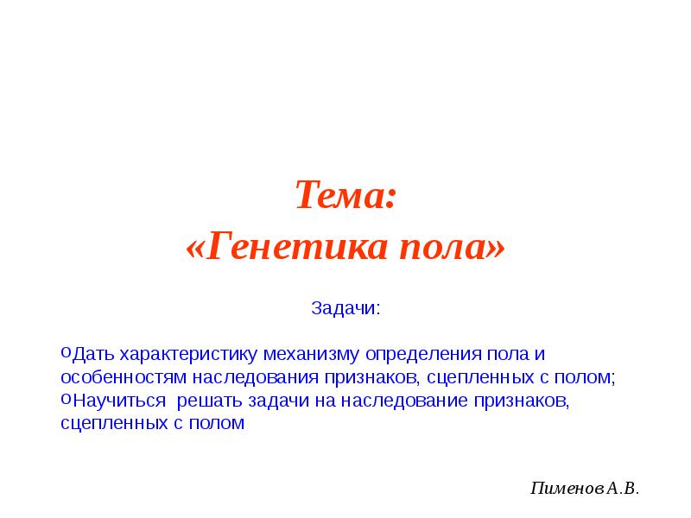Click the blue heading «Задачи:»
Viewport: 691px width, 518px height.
pos(345,308)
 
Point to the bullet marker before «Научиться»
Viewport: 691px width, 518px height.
pos(67,400)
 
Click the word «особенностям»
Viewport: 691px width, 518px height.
pos(124,378)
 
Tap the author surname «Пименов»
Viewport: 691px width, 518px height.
pos(567,489)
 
